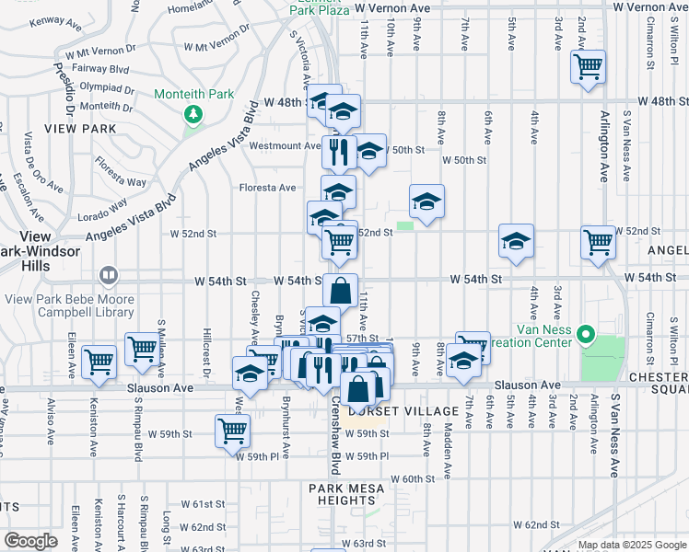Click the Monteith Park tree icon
click(193, 114)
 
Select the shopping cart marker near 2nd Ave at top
click(588, 67)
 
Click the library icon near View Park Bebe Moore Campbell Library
click(109, 275)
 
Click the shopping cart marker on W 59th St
click(232, 431)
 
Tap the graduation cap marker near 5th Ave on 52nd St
click(516, 241)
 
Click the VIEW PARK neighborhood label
click(86, 129)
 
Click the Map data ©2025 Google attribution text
click(631, 545)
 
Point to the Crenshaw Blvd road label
click(337, 437)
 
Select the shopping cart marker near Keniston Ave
click(99, 362)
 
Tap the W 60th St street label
click(412, 478)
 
